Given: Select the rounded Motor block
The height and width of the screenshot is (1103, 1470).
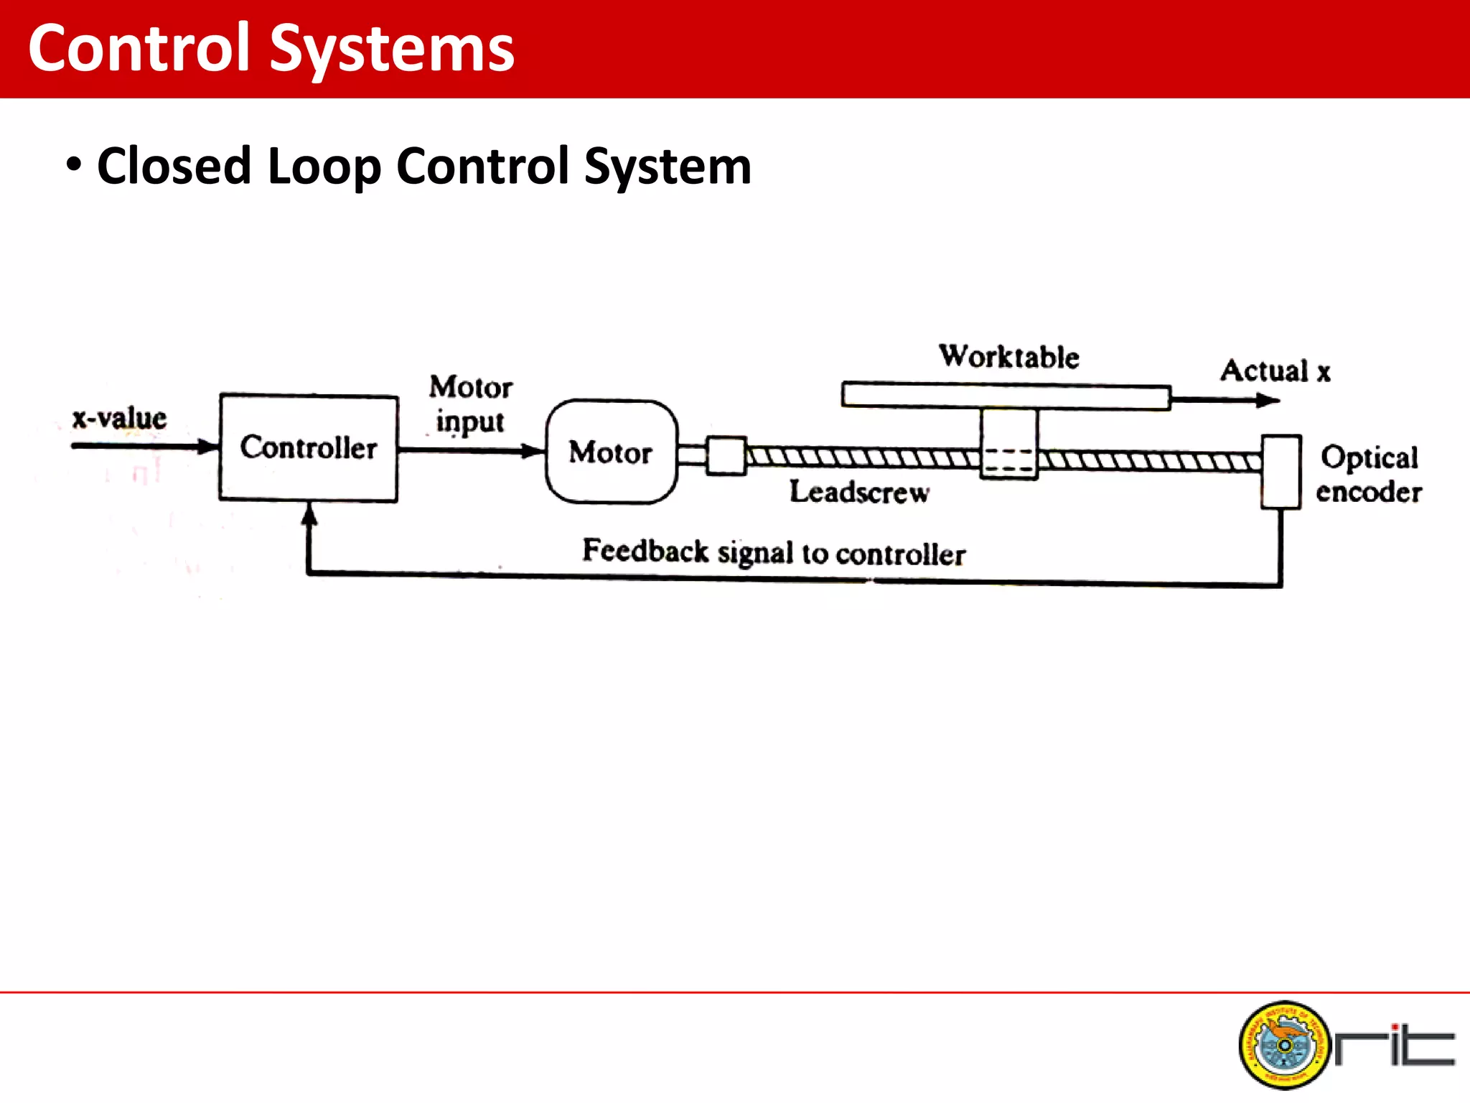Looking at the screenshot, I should point(611,452).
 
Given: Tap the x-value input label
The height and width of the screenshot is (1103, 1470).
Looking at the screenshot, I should point(119,418).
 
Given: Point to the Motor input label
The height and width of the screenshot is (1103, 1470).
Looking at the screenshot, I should point(471,404).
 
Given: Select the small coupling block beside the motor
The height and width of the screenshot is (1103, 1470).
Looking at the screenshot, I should point(726,456).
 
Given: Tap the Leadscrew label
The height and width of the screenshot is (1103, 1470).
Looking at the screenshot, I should point(859,493).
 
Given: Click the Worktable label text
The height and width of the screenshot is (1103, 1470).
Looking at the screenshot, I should point(1008,357).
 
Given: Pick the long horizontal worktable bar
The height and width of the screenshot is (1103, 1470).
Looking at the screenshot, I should point(1005,396).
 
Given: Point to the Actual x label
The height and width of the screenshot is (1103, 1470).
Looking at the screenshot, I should point(1275,371).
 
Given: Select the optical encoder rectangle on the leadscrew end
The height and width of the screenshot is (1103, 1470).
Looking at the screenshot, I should point(1281,472).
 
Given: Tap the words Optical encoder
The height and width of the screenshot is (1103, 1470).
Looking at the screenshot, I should point(1369,475).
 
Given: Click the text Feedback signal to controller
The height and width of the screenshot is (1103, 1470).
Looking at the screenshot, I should point(773,552).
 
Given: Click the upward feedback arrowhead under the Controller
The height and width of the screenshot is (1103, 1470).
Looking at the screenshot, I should point(309,513).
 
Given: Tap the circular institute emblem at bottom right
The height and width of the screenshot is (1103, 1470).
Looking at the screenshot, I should point(1284,1045).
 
